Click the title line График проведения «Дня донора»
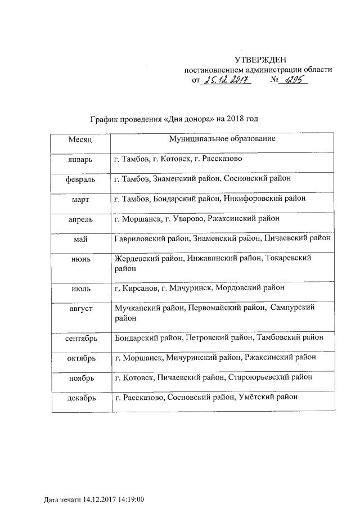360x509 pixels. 174,119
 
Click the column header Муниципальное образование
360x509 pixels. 222,138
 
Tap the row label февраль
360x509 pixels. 79,179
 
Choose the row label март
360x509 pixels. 79,199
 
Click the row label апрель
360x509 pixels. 79,219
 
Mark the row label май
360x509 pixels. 79,238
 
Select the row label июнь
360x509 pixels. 79,258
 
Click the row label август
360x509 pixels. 79,309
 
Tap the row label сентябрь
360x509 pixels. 79,339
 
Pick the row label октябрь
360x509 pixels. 79,358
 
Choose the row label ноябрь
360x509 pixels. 79,377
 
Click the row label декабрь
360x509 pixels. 79,398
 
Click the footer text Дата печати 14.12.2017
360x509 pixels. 94,499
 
